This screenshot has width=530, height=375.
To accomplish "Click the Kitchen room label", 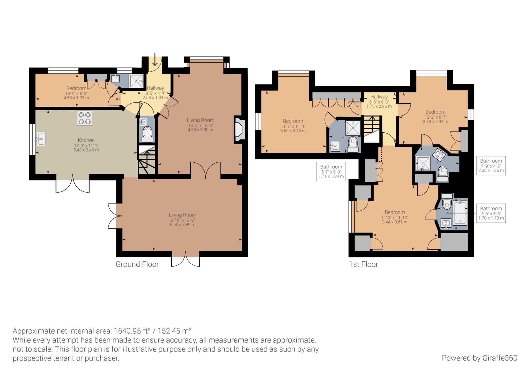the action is point(86,140).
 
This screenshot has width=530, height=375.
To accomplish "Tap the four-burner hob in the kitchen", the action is point(84,118).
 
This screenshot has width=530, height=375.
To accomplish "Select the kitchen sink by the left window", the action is point(41,139).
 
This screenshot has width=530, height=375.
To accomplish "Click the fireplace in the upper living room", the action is point(239,129).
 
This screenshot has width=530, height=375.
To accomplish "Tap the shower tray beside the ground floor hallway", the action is point(136,81).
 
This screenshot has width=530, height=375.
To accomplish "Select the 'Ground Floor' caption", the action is point(137,264).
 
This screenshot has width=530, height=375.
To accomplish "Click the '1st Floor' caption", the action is point(364,264).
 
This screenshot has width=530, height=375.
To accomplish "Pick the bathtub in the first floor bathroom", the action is point(460,212).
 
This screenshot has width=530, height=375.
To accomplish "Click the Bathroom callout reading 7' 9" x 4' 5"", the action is point(491,165).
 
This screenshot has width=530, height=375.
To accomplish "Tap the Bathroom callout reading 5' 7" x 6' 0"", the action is point(331,171).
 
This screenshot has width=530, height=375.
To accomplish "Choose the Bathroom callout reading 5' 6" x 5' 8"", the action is point(491,213).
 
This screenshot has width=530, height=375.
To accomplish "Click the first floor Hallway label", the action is point(379,97).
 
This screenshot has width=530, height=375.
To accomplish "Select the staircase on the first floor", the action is point(373,129).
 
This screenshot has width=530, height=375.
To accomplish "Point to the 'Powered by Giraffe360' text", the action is point(480,358).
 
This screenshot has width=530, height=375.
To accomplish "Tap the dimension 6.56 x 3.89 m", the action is point(182,225).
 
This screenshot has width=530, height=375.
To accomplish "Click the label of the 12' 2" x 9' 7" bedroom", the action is point(436,112).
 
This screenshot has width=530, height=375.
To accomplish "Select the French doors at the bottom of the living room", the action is point(185,259).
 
